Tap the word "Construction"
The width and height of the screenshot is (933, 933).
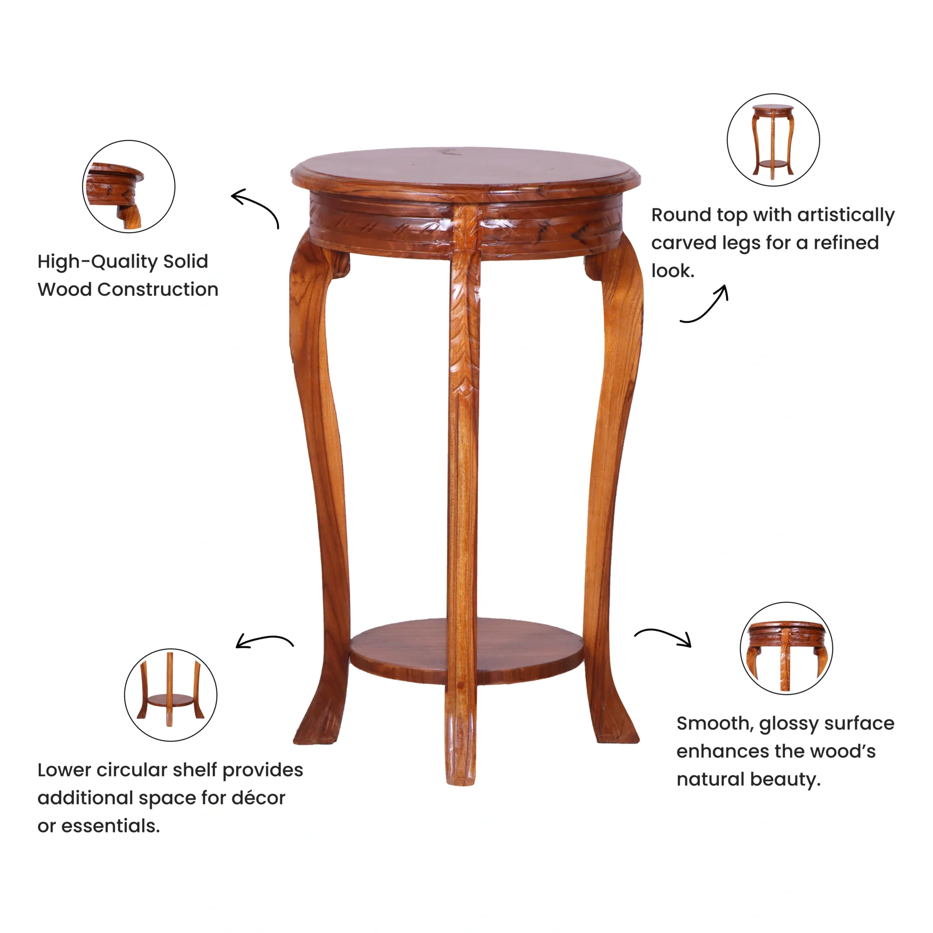coord(158,289)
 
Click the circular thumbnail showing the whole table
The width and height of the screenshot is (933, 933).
coord(773,140)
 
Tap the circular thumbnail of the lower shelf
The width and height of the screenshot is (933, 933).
coord(171,695)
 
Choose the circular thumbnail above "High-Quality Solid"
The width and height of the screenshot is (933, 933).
coord(129,187)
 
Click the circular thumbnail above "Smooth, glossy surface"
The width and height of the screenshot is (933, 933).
coord(786,648)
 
